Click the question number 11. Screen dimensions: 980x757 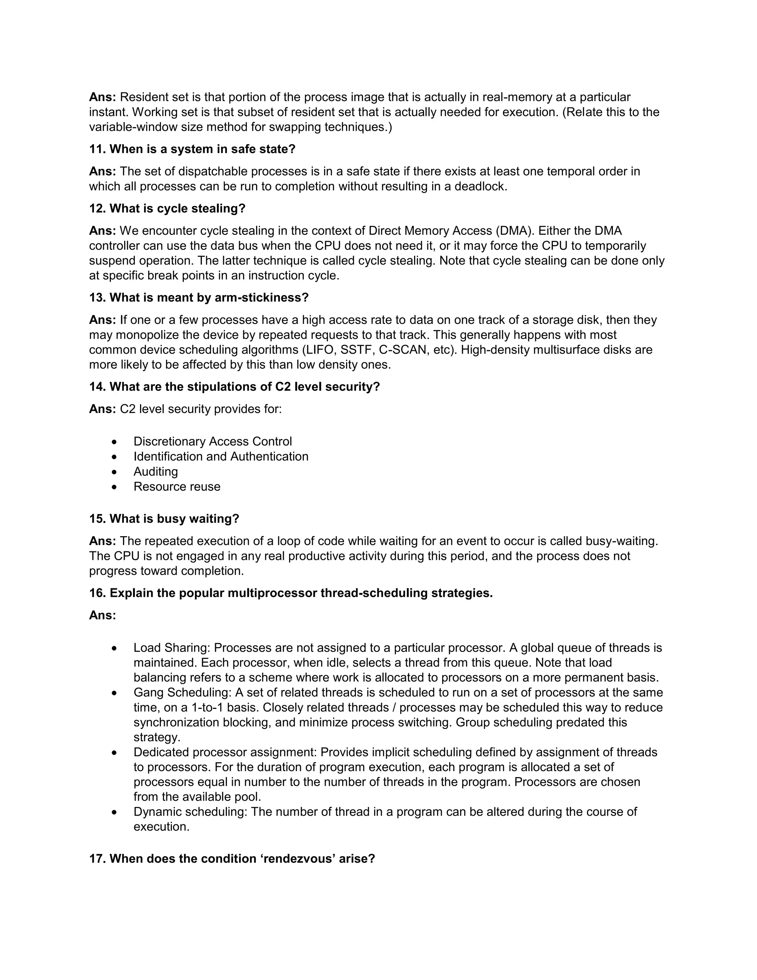(x=97, y=149)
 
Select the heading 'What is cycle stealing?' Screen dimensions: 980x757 (x=177, y=209)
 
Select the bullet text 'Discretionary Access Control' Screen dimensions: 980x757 (x=213, y=442)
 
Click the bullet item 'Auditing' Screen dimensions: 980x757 (x=156, y=472)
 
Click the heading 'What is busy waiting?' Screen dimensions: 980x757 (x=174, y=519)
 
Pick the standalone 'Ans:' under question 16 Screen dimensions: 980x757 (x=102, y=615)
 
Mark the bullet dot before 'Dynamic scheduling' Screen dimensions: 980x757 (x=115, y=812)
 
